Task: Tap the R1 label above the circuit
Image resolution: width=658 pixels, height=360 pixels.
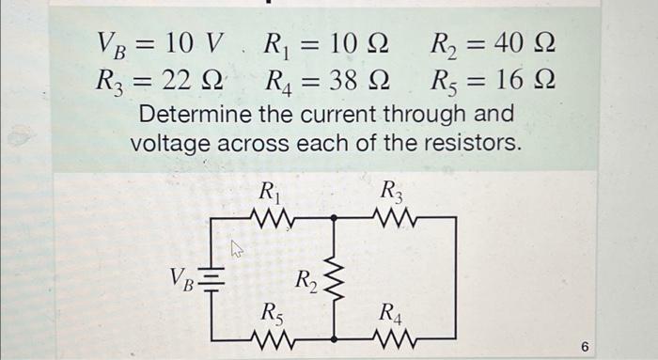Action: coord(271,194)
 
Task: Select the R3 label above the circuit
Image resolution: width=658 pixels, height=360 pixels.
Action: coord(391,194)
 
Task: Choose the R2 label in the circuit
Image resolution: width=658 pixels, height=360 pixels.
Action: coord(306,279)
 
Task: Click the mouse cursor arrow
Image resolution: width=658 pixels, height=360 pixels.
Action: coord(238,249)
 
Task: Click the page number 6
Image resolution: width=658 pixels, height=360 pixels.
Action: coord(585,348)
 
